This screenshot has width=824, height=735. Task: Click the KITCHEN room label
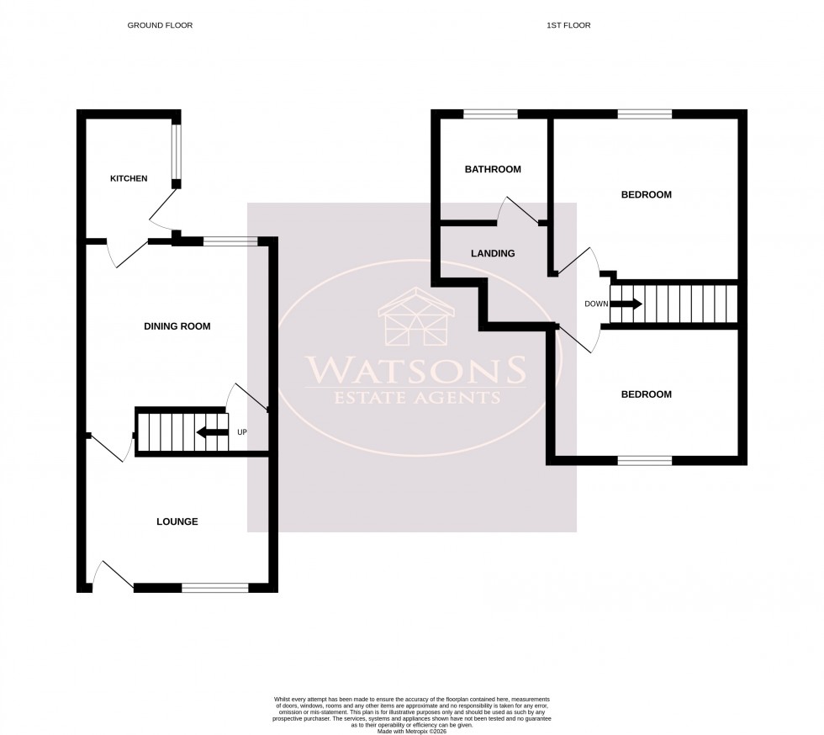pos(129,178)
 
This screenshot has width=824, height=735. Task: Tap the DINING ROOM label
pos(177,326)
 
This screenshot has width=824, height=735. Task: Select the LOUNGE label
pos(177,521)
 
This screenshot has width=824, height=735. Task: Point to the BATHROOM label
pos(493,169)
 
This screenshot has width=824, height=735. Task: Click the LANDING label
pos(494,253)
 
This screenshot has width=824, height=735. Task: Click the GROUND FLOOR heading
pos(160,25)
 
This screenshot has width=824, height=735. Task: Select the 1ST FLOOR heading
pos(568,25)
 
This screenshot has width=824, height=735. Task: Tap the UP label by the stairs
pos(243,432)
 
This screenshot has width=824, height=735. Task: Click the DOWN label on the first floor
pos(596,304)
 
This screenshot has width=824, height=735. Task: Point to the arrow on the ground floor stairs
pos(212,432)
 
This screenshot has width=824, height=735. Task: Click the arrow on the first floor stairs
pos(626,304)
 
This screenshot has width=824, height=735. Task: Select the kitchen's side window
pos(177,151)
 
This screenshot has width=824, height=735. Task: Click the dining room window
pos(230,242)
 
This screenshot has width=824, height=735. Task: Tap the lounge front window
pos(214,588)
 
